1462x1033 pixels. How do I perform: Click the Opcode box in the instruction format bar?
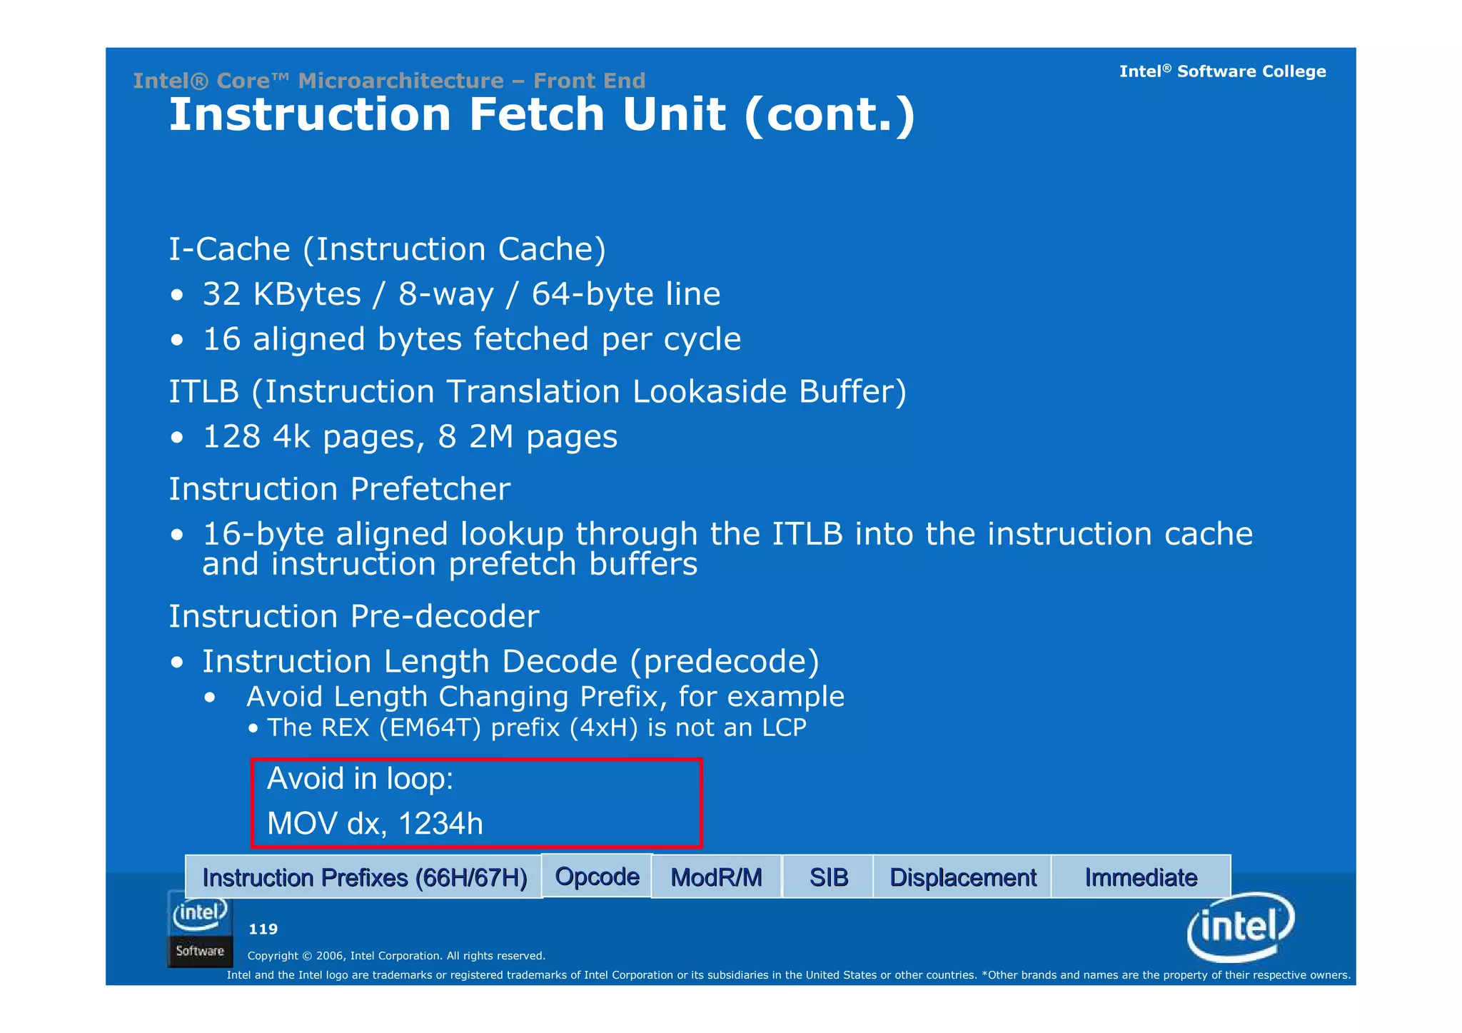(x=597, y=876)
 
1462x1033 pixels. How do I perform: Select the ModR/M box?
(x=716, y=877)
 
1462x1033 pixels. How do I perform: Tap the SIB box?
(x=828, y=877)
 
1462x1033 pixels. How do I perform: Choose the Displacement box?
(x=962, y=877)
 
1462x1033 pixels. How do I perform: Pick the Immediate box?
(x=1141, y=877)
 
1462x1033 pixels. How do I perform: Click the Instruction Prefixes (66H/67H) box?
(x=364, y=877)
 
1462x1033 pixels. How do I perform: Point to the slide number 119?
(x=263, y=929)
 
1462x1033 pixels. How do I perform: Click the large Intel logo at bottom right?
(x=1241, y=927)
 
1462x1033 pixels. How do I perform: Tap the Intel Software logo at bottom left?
(x=200, y=928)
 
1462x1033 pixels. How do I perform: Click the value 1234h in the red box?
(x=440, y=823)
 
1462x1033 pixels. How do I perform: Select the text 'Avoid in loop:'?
(x=360, y=778)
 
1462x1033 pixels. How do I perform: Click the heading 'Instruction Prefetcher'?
(x=339, y=489)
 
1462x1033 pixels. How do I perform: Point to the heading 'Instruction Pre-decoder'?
(x=353, y=616)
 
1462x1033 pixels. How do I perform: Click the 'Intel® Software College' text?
(x=1221, y=71)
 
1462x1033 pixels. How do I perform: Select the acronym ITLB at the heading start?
(x=203, y=391)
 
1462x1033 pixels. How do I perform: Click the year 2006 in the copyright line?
(x=330, y=956)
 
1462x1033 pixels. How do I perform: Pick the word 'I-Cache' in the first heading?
(x=229, y=249)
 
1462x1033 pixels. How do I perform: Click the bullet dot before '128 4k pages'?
(x=177, y=438)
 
